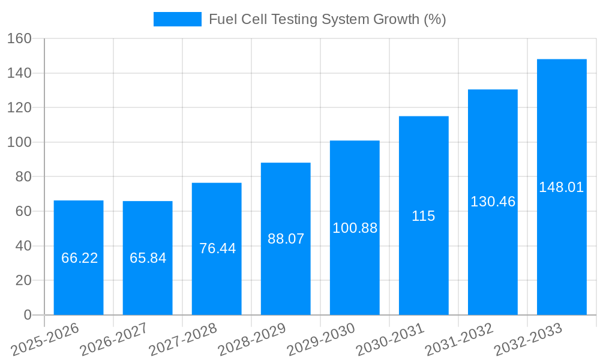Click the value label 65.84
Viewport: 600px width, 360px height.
(148, 258)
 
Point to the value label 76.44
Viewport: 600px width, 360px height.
(217, 248)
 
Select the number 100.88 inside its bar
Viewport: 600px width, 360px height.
(355, 228)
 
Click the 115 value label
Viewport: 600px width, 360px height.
(423, 216)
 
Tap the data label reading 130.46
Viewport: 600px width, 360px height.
(493, 202)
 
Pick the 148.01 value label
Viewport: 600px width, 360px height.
(561, 187)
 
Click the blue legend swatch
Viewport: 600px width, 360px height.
(177, 19)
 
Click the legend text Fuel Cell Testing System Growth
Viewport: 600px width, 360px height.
(327, 19)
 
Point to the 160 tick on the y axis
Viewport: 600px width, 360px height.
(19, 38)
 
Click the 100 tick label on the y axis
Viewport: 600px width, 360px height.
(19, 142)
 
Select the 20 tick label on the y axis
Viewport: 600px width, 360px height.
(23, 280)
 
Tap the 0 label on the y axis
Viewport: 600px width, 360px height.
(27, 315)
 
